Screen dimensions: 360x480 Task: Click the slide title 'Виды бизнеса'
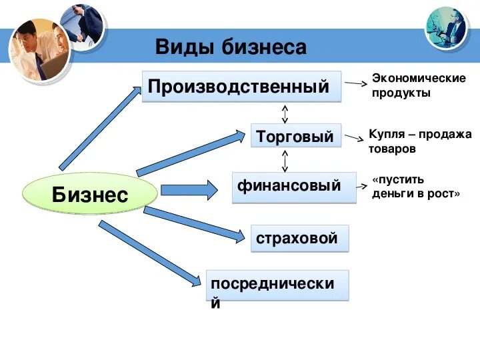point(231,47)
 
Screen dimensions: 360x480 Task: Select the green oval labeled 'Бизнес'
point(90,195)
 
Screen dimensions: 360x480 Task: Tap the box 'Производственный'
point(241,87)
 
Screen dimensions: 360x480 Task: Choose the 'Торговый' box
point(295,137)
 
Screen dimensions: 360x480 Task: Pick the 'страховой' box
point(299,238)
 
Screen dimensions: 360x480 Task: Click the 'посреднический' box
point(277,285)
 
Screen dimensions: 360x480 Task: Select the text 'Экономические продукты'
point(418,85)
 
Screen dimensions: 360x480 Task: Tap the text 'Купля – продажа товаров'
point(419,141)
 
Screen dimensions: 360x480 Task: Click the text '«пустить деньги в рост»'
point(416,187)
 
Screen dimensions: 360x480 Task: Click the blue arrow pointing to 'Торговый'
point(191,154)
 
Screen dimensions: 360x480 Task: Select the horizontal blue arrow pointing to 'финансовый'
point(189,189)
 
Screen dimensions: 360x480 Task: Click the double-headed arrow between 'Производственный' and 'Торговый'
point(285,113)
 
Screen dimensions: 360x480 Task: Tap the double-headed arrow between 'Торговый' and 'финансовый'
point(285,161)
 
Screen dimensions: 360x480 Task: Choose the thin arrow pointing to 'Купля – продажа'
point(354,138)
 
